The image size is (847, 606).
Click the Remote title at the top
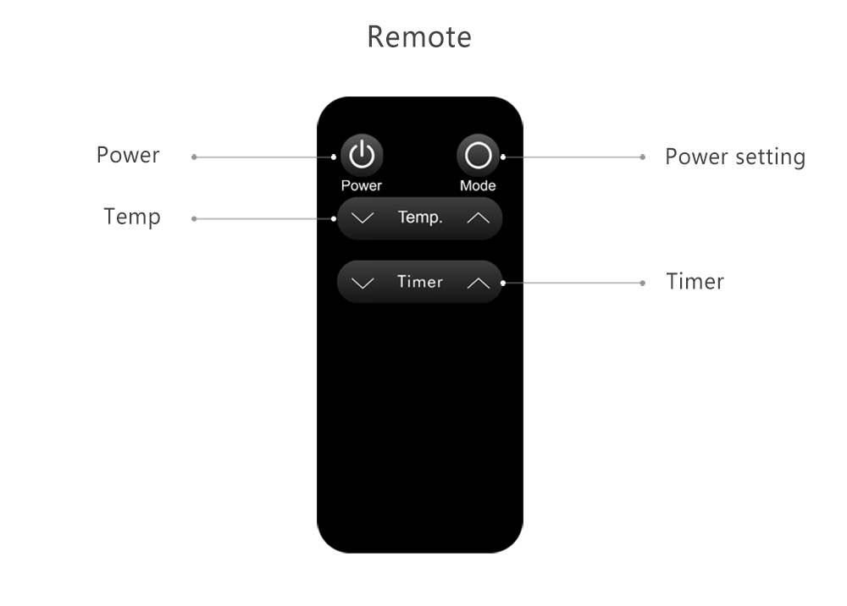click(419, 37)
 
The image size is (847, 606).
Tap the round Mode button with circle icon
click(478, 156)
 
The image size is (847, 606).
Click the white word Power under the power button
click(362, 185)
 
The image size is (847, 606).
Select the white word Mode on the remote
click(478, 185)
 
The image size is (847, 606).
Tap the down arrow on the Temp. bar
click(363, 218)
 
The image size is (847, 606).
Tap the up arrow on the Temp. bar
click(478, 218)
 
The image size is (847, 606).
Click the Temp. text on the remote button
click(420, 218)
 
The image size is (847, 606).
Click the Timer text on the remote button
click(420, 282)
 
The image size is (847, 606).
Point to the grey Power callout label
click(128, 156)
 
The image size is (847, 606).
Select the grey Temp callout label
click(132, 218)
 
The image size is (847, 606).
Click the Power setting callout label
click(735, 157)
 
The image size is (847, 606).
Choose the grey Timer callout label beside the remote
click(695, 282)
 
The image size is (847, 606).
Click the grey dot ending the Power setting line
click(642, 157)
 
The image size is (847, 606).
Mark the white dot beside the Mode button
click(503, 157)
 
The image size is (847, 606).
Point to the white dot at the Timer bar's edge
click(503, 283)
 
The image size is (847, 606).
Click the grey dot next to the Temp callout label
click(194, 218)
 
